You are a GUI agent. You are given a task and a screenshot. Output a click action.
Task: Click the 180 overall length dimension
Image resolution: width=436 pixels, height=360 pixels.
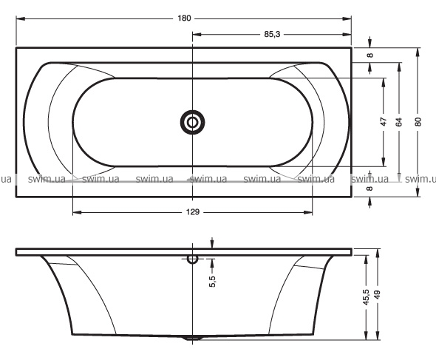point(184,18)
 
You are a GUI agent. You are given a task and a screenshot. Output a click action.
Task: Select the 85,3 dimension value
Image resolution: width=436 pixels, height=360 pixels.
point(272,35)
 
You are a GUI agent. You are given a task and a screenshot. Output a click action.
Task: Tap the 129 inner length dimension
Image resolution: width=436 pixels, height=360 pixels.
point(193,212)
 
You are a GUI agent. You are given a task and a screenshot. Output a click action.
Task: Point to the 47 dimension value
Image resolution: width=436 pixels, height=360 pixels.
point(384,122)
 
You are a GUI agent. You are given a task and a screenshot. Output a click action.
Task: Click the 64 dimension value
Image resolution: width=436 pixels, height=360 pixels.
point(399,122)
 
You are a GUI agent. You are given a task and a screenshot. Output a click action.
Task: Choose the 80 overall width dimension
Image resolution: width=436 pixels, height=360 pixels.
point(418,122)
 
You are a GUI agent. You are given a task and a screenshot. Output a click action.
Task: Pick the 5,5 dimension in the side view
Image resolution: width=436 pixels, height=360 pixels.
point(212,281)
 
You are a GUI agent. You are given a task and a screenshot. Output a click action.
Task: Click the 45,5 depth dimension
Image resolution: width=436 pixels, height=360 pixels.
point(367,297)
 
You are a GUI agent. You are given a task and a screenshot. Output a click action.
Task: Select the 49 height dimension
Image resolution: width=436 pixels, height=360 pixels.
point(378,295)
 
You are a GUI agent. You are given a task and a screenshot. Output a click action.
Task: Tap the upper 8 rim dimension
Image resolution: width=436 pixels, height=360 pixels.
point(369,55)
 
